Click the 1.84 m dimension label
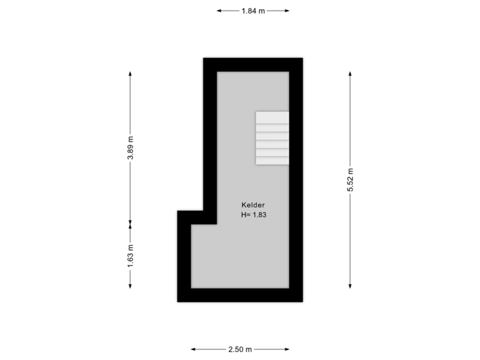(253, 11)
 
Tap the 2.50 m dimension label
(240, 349)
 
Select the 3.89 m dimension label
(131, 147)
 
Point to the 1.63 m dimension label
(131, 255)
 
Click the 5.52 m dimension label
(350, 180)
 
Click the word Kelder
(253, 205)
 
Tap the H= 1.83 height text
(253, 215)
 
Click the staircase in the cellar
(272, 138)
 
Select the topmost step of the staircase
(272, 117)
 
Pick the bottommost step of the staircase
(272, 161)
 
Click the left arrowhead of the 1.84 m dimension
(219, 11)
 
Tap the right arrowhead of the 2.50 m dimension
(287, 349)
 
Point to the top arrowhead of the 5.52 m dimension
(350, 74)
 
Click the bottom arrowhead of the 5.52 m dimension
(350, 286)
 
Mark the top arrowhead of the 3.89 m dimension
(130, 74)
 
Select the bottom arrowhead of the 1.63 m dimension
(130, 286)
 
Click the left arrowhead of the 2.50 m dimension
(193, 349)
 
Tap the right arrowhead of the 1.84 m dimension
(287, 11)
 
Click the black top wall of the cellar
(253, 65)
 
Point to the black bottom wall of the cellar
(240, 295)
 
